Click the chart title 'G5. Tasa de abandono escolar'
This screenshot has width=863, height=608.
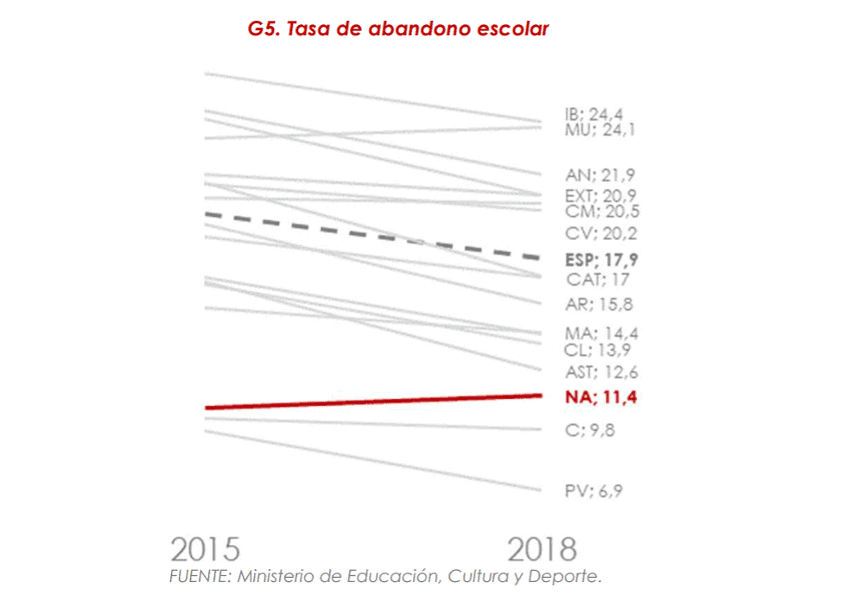[398, 28]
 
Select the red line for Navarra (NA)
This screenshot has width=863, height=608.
[371, 402]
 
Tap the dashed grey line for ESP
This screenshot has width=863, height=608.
[371, 236]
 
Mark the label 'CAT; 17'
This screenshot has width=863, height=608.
[598, 280]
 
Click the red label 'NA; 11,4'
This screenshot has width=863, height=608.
[606, 397]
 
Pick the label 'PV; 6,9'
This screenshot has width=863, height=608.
[593, 491]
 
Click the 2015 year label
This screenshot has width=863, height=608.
[205, 549]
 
